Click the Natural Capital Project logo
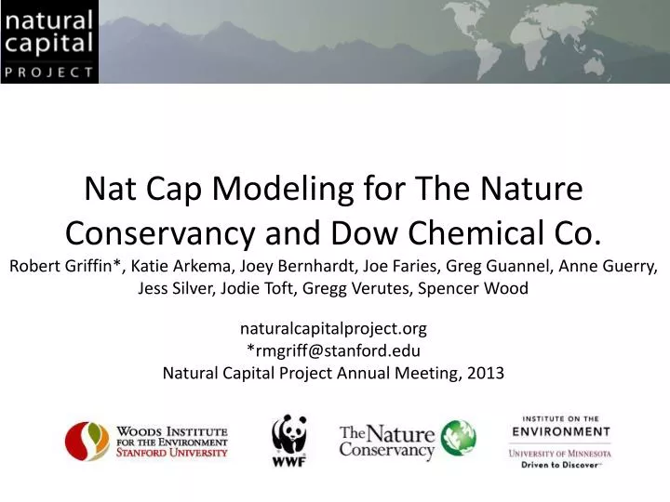49,42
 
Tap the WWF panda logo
288,439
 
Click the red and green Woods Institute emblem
86,441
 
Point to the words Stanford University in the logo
171,452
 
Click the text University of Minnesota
559,453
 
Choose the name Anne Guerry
610,265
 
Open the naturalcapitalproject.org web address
333,327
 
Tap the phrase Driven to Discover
559,463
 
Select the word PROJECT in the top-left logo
49,71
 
